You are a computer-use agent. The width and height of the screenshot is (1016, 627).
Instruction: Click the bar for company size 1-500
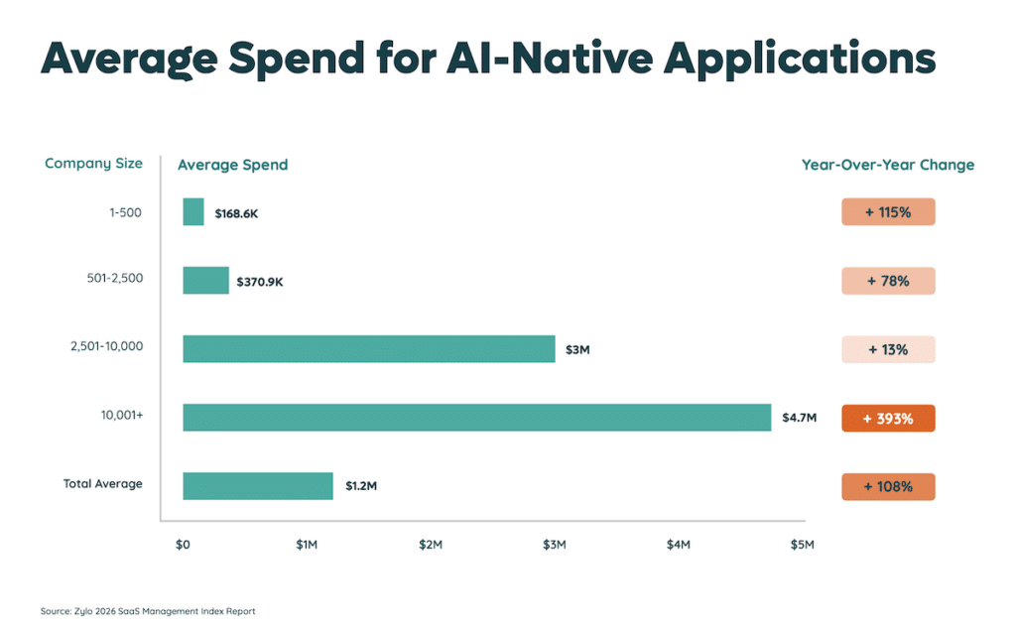(x=193, y=212)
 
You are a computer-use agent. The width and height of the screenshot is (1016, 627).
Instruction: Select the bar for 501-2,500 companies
(x=205, y=281)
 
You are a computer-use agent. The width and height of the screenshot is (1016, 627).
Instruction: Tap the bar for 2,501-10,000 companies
(x=368, y=349)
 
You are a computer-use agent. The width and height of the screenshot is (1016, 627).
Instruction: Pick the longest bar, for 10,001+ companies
(x=476, y=418)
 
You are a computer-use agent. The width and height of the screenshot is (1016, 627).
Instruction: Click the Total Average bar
(x=258, y=486)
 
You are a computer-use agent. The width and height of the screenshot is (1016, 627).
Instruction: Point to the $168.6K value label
(x=236, y=213)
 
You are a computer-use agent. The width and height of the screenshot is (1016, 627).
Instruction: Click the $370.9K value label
(x=259, y=283)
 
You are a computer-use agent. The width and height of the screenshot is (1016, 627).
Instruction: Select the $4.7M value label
(x=799, y=419)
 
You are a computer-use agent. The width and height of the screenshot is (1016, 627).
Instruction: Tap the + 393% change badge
(x=888, y=419)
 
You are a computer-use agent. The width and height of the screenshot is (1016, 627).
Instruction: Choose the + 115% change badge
(x=888, y=212)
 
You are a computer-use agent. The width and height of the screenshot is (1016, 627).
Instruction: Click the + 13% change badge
(x=888, y=349)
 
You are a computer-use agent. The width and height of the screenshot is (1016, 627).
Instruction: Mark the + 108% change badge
(x=888, y=487)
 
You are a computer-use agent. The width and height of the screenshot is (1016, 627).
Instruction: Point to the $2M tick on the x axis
(x=430, y=545)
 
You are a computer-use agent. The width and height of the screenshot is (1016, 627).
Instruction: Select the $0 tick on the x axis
(x=183, y=545)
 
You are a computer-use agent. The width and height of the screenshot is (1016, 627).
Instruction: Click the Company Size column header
(x=93, y=164)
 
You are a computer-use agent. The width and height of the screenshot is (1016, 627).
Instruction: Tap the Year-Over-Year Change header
(x=888, y=165)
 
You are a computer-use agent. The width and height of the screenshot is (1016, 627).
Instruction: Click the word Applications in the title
(x=800, y=60)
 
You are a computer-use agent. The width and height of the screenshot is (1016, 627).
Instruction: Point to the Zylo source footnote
(x=148, y=611)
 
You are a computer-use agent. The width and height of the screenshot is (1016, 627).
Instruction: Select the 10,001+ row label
(x=122, y=416)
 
